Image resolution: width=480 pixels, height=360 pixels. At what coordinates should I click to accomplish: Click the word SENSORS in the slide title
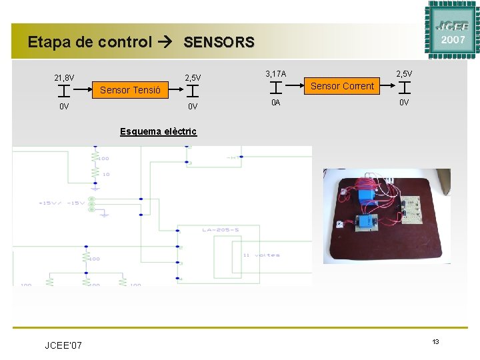coord(219,43)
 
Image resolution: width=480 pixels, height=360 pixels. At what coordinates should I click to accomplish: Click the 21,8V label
coord(65,78)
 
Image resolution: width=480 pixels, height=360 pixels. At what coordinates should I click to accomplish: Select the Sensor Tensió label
coord(130,90)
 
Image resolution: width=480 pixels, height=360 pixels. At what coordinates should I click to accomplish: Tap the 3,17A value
coord(276,73)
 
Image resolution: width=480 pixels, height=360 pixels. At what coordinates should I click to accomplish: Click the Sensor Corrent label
coord(343,86)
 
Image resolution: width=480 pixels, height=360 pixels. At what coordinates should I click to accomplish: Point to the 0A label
coord(276,103)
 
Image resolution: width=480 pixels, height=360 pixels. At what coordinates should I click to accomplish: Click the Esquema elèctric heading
coord(158,131)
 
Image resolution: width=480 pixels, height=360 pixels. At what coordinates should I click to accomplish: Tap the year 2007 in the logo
coord(453,40)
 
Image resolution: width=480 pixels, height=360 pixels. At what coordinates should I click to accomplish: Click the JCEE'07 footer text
coord(63,345)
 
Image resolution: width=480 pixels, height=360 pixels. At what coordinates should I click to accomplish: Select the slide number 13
coord(435,341)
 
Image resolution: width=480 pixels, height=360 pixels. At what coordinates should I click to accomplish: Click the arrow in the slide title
coord(167,43)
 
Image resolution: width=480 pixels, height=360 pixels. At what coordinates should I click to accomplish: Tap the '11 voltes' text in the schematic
coord(261,255)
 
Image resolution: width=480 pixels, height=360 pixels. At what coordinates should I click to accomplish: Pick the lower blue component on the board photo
coord(367,223)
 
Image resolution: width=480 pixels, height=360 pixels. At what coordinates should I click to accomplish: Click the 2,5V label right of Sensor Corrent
coord(404,73)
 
